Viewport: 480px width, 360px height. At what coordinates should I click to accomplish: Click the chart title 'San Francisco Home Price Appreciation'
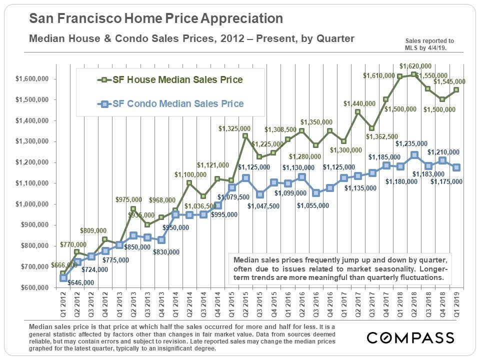pos(156,19)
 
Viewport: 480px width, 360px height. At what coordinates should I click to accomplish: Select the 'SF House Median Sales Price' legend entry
pos(172,80)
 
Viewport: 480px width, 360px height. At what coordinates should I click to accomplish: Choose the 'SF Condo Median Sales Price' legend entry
pos(172,104)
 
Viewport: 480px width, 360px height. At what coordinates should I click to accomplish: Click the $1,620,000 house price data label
pos(415,65)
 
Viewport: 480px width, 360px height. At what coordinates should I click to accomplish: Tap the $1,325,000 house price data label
pos(234,128)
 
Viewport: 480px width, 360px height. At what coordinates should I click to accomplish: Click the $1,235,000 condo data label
pos(411,144)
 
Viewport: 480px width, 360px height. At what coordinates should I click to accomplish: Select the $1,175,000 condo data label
pos(446,182)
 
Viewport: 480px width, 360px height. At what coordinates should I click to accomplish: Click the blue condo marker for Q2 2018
pos(414,155)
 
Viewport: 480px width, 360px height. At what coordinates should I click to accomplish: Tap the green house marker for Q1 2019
pos(456,90)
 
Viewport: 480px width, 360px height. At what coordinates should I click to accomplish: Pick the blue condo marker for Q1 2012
pos(63,278)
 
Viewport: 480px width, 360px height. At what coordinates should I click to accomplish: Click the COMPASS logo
pos(410,337)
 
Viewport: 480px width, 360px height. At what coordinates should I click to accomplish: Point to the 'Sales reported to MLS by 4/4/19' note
pos(429,44)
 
